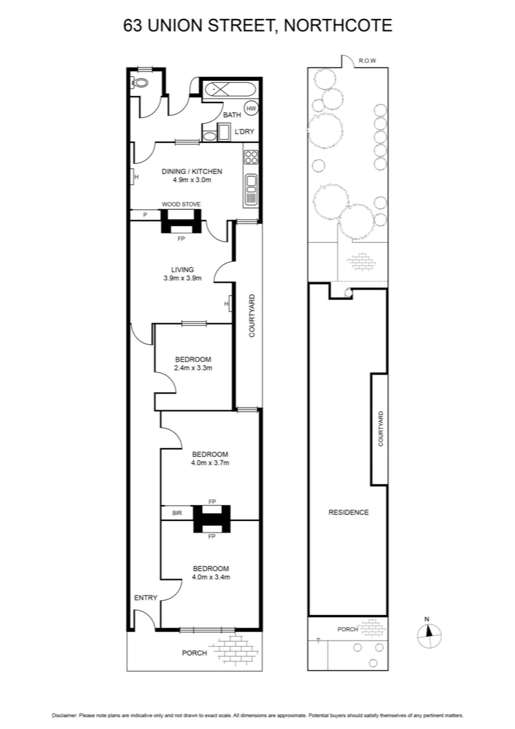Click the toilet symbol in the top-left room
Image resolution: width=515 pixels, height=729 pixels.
pos(140,83)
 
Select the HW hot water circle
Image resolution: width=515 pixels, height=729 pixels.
pos(251,108)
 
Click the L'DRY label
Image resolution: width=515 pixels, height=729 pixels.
pos(244,132)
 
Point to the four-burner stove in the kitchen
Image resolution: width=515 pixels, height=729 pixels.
pos(251,157)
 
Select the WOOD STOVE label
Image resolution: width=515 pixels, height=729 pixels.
pos(181,204)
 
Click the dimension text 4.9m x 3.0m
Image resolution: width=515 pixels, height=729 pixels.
pos(191,180)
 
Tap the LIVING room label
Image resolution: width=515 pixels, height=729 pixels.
pos(182,269)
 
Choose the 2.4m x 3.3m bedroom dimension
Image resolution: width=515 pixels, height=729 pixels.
pos(193,368)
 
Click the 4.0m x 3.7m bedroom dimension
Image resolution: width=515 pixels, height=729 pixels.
pos(210,463)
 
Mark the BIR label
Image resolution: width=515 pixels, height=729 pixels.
pos(177,513)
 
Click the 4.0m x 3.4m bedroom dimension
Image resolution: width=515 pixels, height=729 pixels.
pos(210,577)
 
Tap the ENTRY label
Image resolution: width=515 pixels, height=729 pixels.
pos(146,597)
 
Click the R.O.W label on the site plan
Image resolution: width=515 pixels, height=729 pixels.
pos(367,61)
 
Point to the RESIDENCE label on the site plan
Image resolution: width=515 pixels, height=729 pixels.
pos(349,512)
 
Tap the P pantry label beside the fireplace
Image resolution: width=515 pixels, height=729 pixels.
pos(145,215)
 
